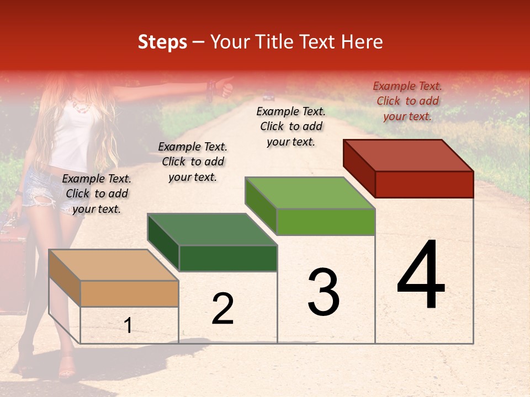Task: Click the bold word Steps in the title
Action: point(162,42)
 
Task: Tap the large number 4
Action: point(421,276)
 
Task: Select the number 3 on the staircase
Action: point(323,292)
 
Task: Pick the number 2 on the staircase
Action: point(222,309)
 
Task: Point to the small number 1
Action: point(128,326)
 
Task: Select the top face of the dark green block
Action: point(212,229)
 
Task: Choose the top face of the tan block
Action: point(113,265)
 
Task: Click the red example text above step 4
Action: point(407,101)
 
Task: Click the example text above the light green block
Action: point(291,126)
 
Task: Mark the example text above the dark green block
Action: point(193,162)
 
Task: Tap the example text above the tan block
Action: point(97,194)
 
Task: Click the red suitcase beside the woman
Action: point(13,265)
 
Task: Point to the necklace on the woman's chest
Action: point(82,105)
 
